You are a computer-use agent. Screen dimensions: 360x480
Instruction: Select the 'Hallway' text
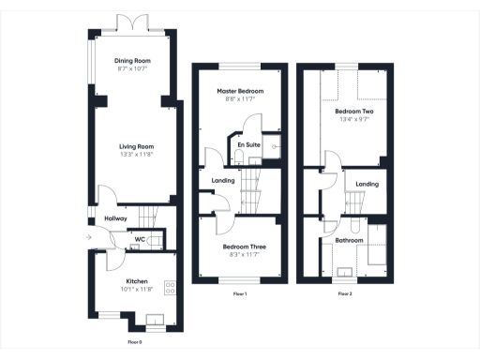[x=115, y=218]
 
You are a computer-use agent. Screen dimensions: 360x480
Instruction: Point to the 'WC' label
[x=139, y=240]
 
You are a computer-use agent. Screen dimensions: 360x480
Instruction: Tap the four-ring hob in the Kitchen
[x=171, y=287]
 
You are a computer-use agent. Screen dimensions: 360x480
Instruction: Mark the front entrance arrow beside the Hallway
[x=87, y=238]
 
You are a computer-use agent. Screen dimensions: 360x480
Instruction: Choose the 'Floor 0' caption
[x=134, y=342]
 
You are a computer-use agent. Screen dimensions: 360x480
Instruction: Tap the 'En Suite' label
[x=248, y=144]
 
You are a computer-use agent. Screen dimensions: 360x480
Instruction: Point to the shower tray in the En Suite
[x=274, y=146]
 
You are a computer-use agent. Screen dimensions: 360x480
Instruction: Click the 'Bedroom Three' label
[x=242, y=247]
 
